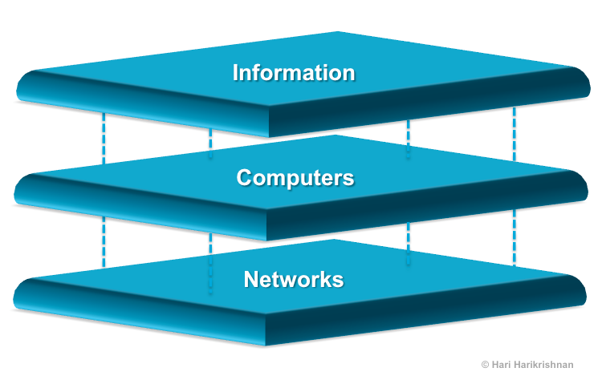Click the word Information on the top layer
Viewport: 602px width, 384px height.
point(293,73)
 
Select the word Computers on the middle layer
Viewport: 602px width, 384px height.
point(295,177)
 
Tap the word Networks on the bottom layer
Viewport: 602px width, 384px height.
point(294,280)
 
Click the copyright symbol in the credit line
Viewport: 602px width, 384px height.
point(485,365)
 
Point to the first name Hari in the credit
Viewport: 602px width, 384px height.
point(501,365)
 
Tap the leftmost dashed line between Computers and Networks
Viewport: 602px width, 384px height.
point(104,241)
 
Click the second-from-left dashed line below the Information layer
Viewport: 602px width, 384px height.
point(210,143)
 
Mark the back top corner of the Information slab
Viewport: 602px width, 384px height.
point(337,32)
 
